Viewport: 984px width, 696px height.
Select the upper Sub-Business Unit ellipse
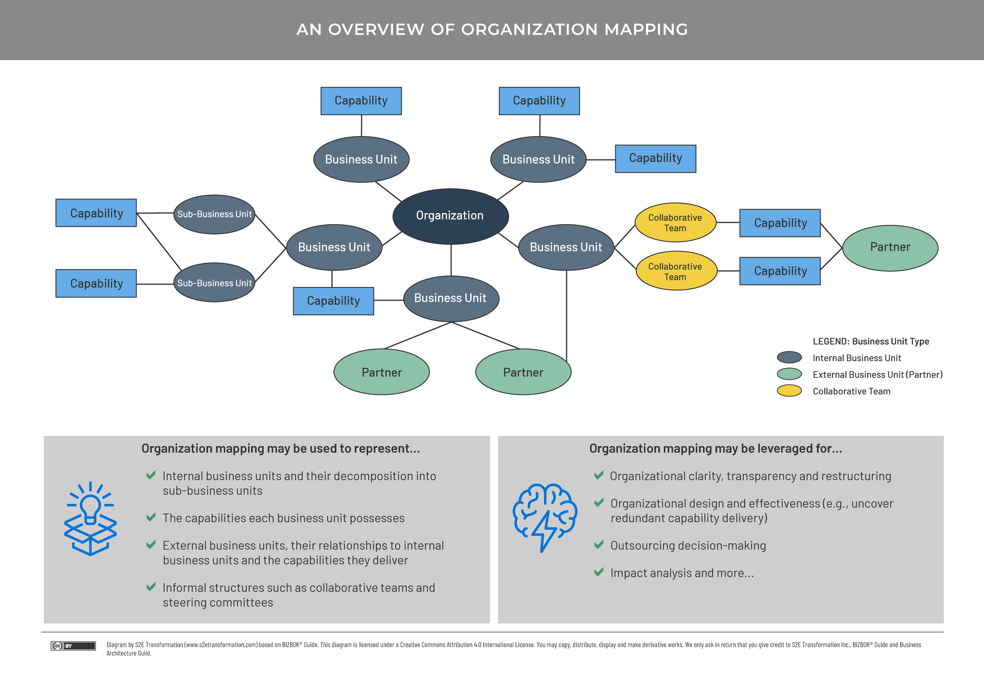(214, 214)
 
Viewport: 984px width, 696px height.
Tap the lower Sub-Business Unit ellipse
(214, 283)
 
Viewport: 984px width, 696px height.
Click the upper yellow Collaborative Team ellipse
(675, 223)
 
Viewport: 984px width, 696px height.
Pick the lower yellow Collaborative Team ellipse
(676, 271)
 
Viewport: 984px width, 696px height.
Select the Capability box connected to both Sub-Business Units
(96, 213)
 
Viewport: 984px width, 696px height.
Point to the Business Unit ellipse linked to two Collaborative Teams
(566, 247)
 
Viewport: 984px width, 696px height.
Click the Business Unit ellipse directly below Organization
(451, 298)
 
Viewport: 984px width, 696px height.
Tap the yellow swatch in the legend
(789, 391)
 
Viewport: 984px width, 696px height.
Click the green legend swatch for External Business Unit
(789, 374)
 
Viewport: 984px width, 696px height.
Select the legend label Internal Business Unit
(856, 358)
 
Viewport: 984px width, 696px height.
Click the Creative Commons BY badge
(73, 646)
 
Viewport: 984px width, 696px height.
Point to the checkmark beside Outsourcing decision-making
(599, 545)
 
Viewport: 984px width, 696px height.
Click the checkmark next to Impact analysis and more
(599, 572)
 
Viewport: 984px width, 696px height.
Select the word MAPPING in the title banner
(646, 29)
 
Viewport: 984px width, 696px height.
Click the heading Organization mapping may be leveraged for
(715, 448)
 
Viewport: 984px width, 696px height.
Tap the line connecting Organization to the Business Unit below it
(451, 260)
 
